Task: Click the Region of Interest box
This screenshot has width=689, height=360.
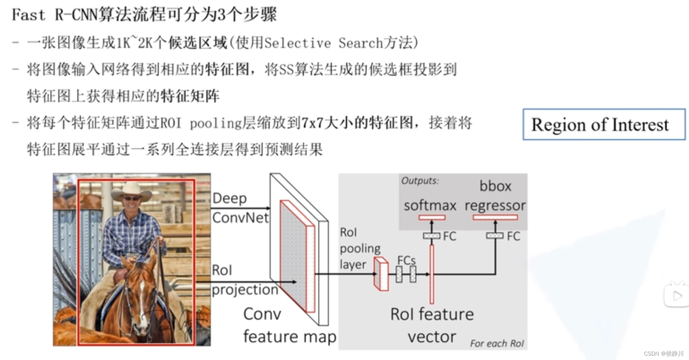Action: [x=604, y=124]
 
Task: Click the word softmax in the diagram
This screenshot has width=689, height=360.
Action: [x=430, y=205]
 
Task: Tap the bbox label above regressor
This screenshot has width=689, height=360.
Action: [x=495, y=186]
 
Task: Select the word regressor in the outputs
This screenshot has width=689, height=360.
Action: [x=495, y=205]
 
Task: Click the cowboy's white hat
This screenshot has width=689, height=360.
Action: [x=132, y=190]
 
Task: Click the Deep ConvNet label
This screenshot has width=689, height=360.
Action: [x=240, y=208]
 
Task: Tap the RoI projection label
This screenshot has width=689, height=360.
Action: [x=244, y=280]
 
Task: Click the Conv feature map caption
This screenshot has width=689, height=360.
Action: [x=289, y=325]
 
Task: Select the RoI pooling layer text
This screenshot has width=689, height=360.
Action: [x=359, y=248]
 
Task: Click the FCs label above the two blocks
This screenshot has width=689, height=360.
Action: [x=406, y=260]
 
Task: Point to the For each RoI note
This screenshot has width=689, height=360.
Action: [x=497, y=343]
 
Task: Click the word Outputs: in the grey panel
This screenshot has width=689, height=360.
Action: [x=420, y=181]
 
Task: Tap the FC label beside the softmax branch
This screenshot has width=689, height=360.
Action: [x=449, y=236]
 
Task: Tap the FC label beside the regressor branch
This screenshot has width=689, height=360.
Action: [x=513, y=236]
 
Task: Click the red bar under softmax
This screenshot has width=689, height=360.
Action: [x=432, y=217]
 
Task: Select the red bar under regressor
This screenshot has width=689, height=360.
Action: [x=495, y=217]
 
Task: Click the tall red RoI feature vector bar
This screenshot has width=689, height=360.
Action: [x=432, y=274]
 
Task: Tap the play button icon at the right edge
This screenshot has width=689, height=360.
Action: [x=677, y=296]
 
